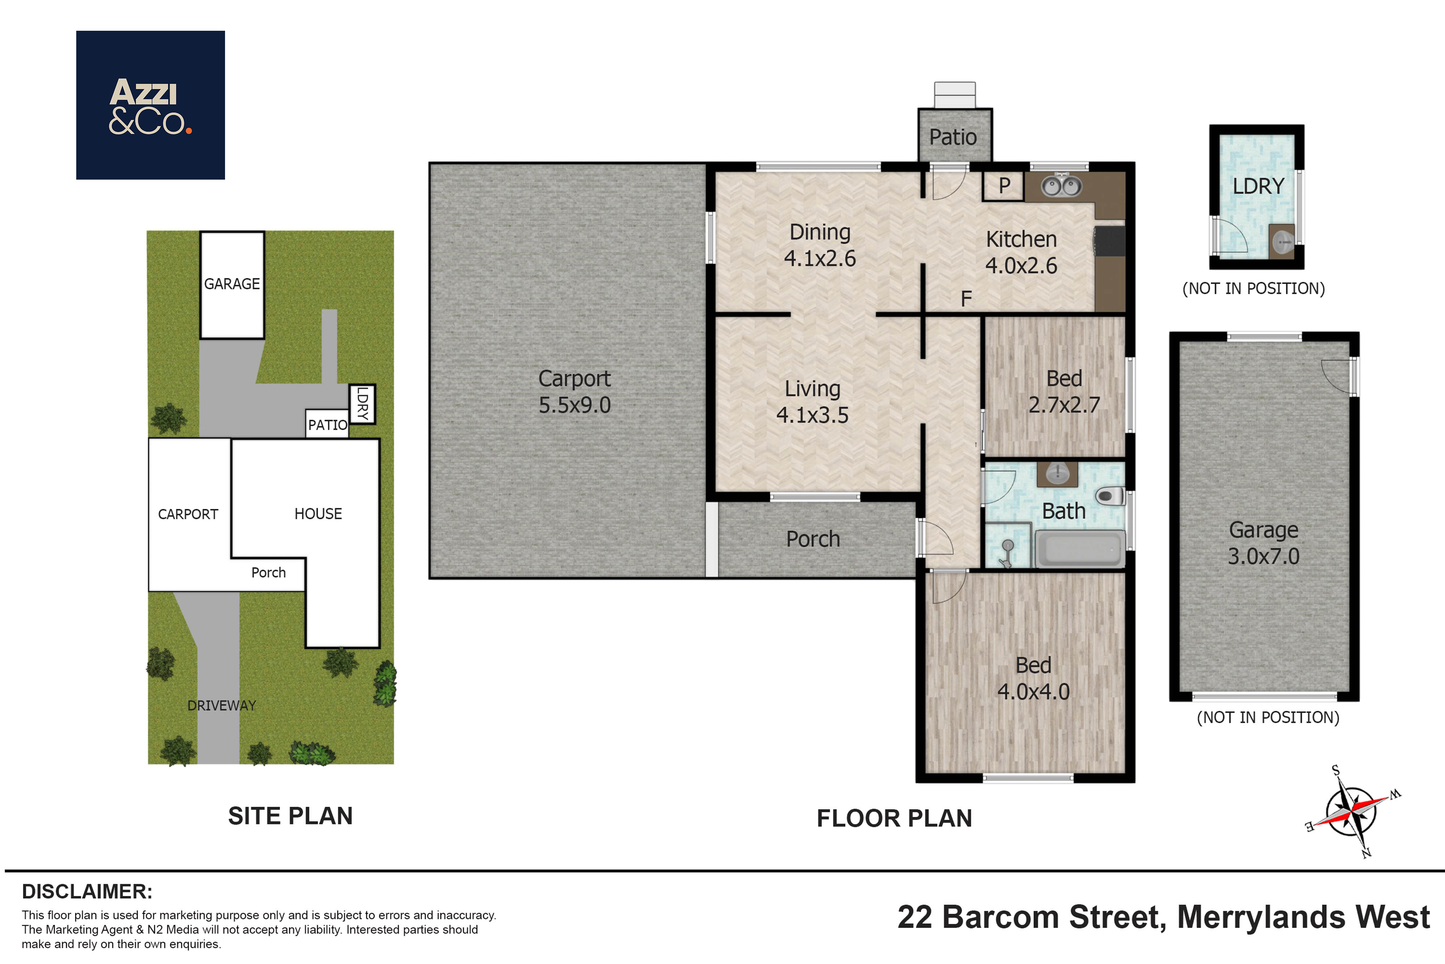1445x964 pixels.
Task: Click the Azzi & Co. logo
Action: tap(151, 105)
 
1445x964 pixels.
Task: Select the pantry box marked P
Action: tap(1003, 186)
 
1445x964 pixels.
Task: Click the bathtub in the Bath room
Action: tap(1080, 548)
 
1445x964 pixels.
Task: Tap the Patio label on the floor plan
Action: tap(953, 137)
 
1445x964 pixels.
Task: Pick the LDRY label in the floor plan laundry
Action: tap(1258, 186)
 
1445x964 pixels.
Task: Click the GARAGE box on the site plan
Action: tap(232, 285)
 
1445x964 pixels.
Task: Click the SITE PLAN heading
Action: tap(290, 816)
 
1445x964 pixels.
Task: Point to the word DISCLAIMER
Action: tap(87, 891)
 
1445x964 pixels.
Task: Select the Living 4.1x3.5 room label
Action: tap(812, 402)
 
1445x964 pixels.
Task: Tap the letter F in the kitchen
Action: tap(966, 299)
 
